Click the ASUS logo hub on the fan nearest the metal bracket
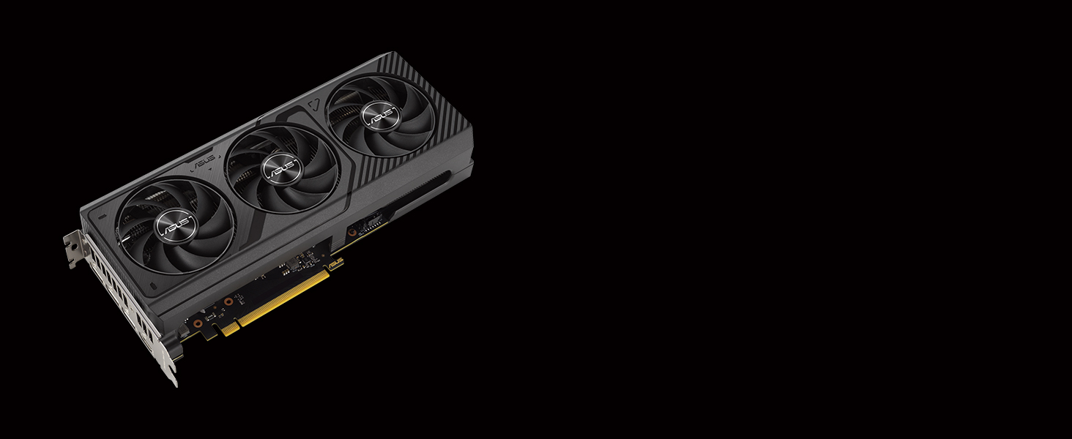tap(176, 222)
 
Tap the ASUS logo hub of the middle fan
tap(281, 170)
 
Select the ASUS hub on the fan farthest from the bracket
tap(380, 114)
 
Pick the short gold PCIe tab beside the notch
tap(229, 329)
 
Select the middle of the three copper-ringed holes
tap(228, 301)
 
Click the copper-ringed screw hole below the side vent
tap(352, 233)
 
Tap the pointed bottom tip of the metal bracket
tap(174, 380)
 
